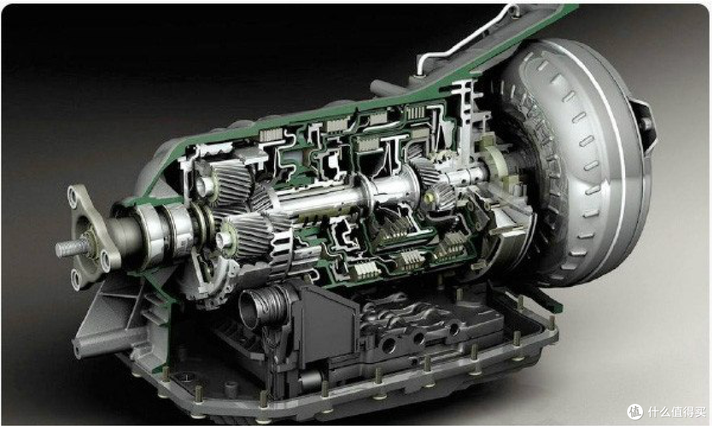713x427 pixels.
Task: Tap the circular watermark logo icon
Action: click(x=635, y=412)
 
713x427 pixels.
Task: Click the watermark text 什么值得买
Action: click(x=676, y=412)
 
